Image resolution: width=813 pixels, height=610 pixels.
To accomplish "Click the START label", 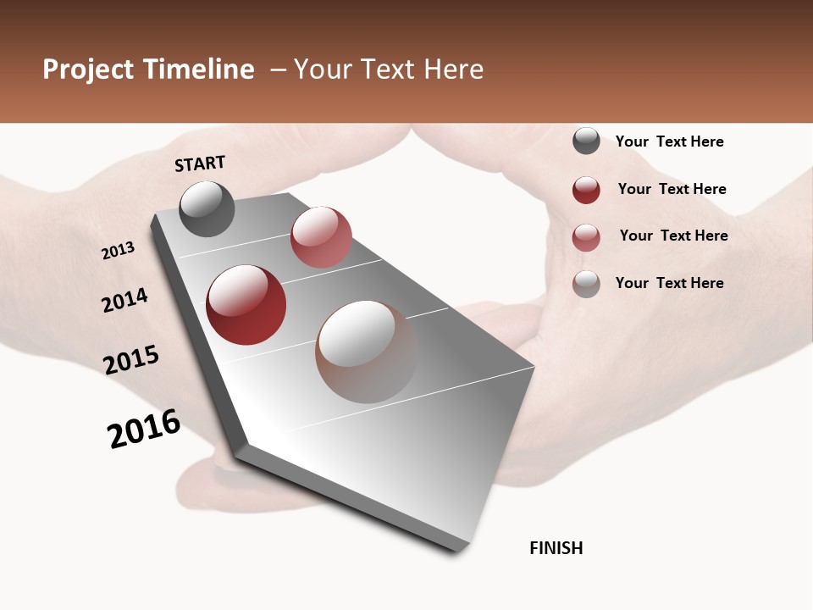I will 200,164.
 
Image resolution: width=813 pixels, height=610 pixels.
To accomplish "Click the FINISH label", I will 556,548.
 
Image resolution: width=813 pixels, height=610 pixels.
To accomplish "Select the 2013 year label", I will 119,251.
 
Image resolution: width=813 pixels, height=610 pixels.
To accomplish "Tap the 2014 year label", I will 125,300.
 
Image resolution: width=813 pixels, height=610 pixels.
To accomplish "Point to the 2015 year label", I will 131,359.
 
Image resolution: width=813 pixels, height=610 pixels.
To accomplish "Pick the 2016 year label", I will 144,429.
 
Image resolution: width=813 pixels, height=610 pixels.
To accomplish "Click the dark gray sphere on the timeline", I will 207,208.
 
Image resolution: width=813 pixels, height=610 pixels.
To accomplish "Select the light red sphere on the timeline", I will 321,236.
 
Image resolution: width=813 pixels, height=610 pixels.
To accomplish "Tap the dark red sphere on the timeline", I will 246,305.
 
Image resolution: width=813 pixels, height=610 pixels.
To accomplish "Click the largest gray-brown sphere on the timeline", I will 366,352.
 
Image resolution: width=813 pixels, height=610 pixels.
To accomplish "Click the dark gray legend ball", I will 586,141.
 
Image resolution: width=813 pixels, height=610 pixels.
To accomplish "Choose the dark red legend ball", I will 586,190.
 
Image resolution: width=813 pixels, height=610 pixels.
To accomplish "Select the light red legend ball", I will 586,237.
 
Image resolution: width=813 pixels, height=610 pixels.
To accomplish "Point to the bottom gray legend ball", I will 586,284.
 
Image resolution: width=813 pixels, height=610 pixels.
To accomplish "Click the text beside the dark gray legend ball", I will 669,142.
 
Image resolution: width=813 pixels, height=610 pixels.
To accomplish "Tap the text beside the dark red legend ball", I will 672,189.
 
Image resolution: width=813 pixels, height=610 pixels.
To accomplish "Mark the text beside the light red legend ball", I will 673,236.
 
